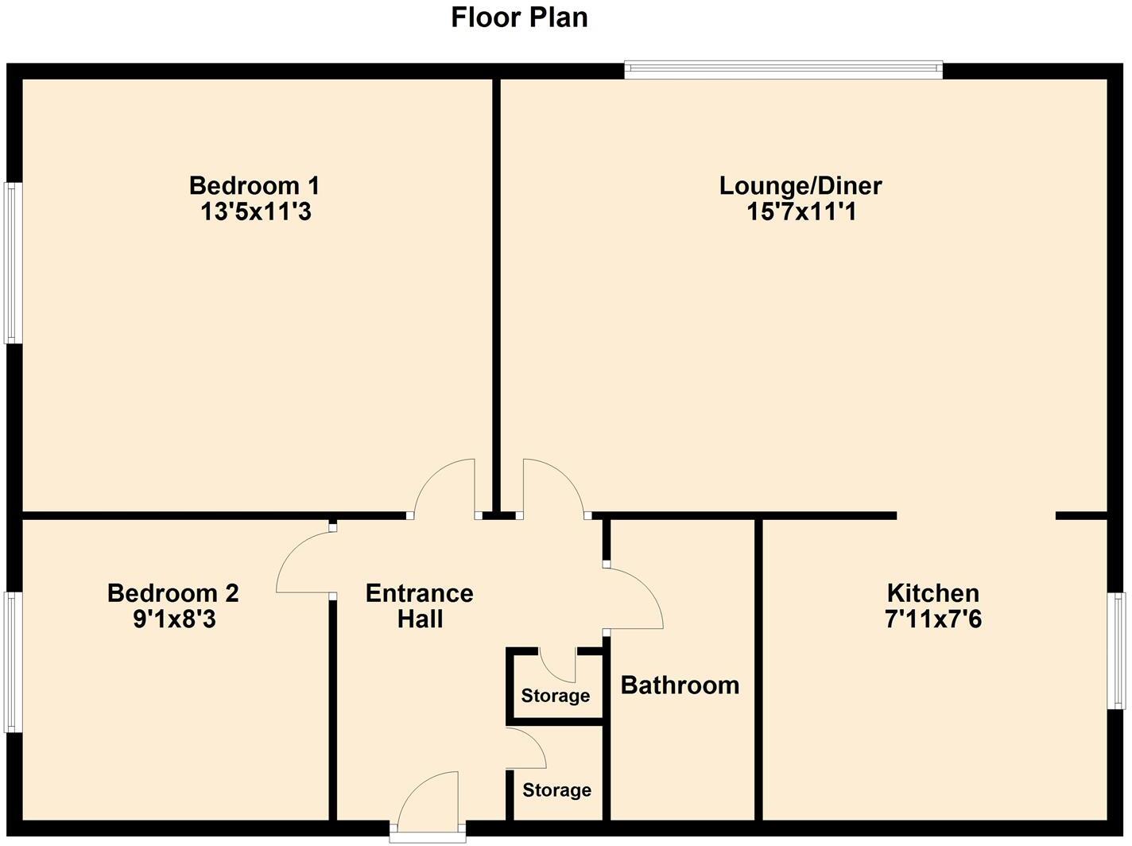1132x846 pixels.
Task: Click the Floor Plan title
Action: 519,17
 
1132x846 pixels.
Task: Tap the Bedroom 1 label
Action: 254,186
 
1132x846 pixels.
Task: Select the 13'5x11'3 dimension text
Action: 254,212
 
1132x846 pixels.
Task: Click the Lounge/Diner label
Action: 801,186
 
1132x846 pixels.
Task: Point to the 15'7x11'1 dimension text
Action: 801,212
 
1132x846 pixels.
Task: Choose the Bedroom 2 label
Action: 173,593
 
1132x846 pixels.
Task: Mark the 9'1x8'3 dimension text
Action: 174,619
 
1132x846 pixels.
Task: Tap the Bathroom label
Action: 680,685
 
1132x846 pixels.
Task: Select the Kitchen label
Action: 932,593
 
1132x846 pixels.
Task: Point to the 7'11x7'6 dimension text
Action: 932,619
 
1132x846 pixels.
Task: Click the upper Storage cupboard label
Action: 556,697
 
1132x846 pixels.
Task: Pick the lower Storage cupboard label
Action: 556,790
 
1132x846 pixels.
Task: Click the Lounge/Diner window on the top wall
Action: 783,70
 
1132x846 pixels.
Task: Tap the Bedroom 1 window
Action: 13,263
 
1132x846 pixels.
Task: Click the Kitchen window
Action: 1118,650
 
